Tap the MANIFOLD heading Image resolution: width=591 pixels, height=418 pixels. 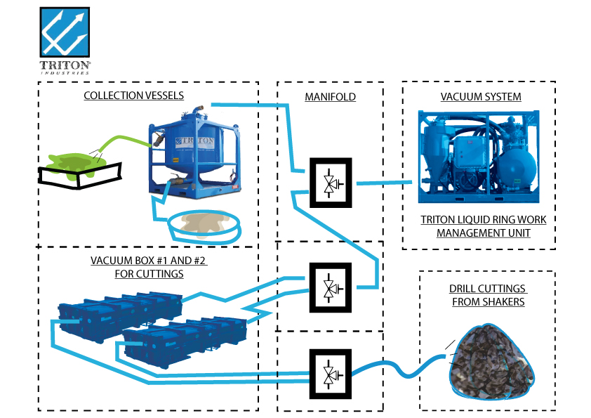pyautogui.click(x=330, y=97)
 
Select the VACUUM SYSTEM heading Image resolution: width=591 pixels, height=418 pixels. pyautogui.click(x=481, y=96)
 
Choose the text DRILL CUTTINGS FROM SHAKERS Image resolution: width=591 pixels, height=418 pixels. pyautogui.click(x=487, y=296)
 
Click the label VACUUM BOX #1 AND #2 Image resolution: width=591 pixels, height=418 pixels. pyautogui.click(x=149, y=267)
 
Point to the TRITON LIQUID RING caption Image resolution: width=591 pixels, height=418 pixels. pyautogui.click(x=483, y=226)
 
